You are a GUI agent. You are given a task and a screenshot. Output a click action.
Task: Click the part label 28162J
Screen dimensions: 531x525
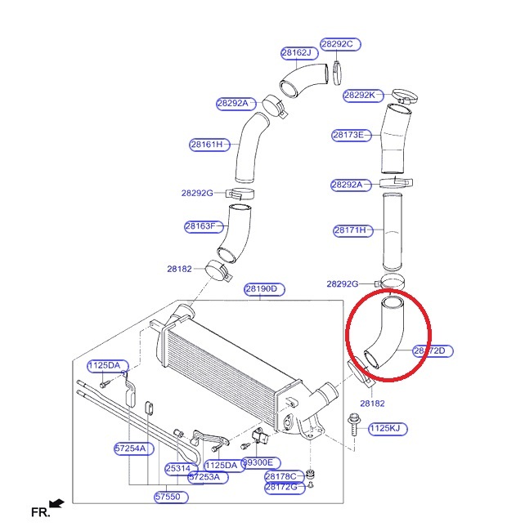[297, 53]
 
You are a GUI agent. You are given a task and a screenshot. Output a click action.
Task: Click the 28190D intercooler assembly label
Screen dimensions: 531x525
[265, 289]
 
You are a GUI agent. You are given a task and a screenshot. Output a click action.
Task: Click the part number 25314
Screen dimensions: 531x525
[177, 468]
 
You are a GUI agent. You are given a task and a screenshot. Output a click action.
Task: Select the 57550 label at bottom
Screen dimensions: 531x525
[170, 497]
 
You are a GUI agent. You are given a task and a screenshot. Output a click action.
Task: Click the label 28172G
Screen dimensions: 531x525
[285, 488]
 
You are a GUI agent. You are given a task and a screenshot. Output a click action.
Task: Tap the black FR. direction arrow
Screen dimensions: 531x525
[56, 504]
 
